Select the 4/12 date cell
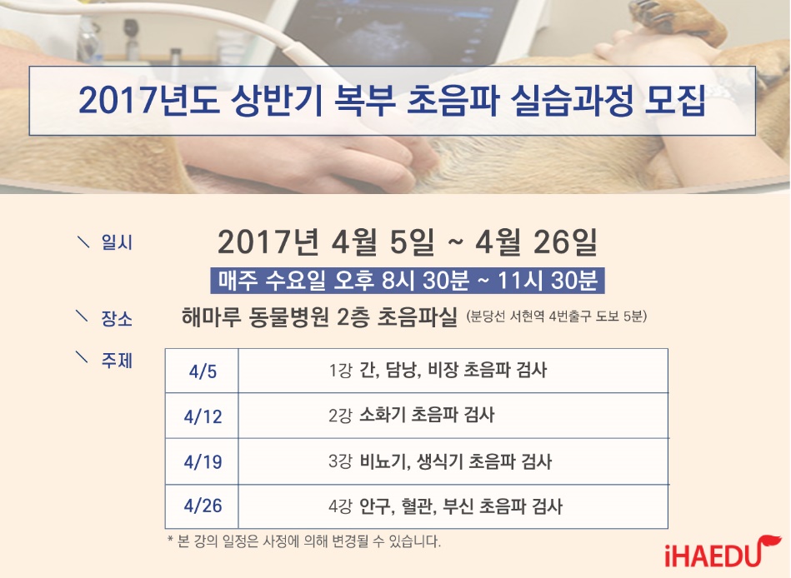[203, 416]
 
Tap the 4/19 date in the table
[203, 461]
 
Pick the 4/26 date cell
[203, 506]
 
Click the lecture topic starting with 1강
[438, 371]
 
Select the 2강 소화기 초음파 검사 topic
[411, 416]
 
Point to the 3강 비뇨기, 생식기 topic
[440, 461]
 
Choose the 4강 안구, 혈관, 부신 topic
[445, 506]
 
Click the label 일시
[117, 242]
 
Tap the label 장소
[117, 318]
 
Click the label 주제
[117, 361]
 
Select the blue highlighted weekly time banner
[408, 281]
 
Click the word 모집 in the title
[675, 101]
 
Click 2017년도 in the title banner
[149, 101]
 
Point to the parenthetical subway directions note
[556, 316]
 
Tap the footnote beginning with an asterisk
[303, 541]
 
